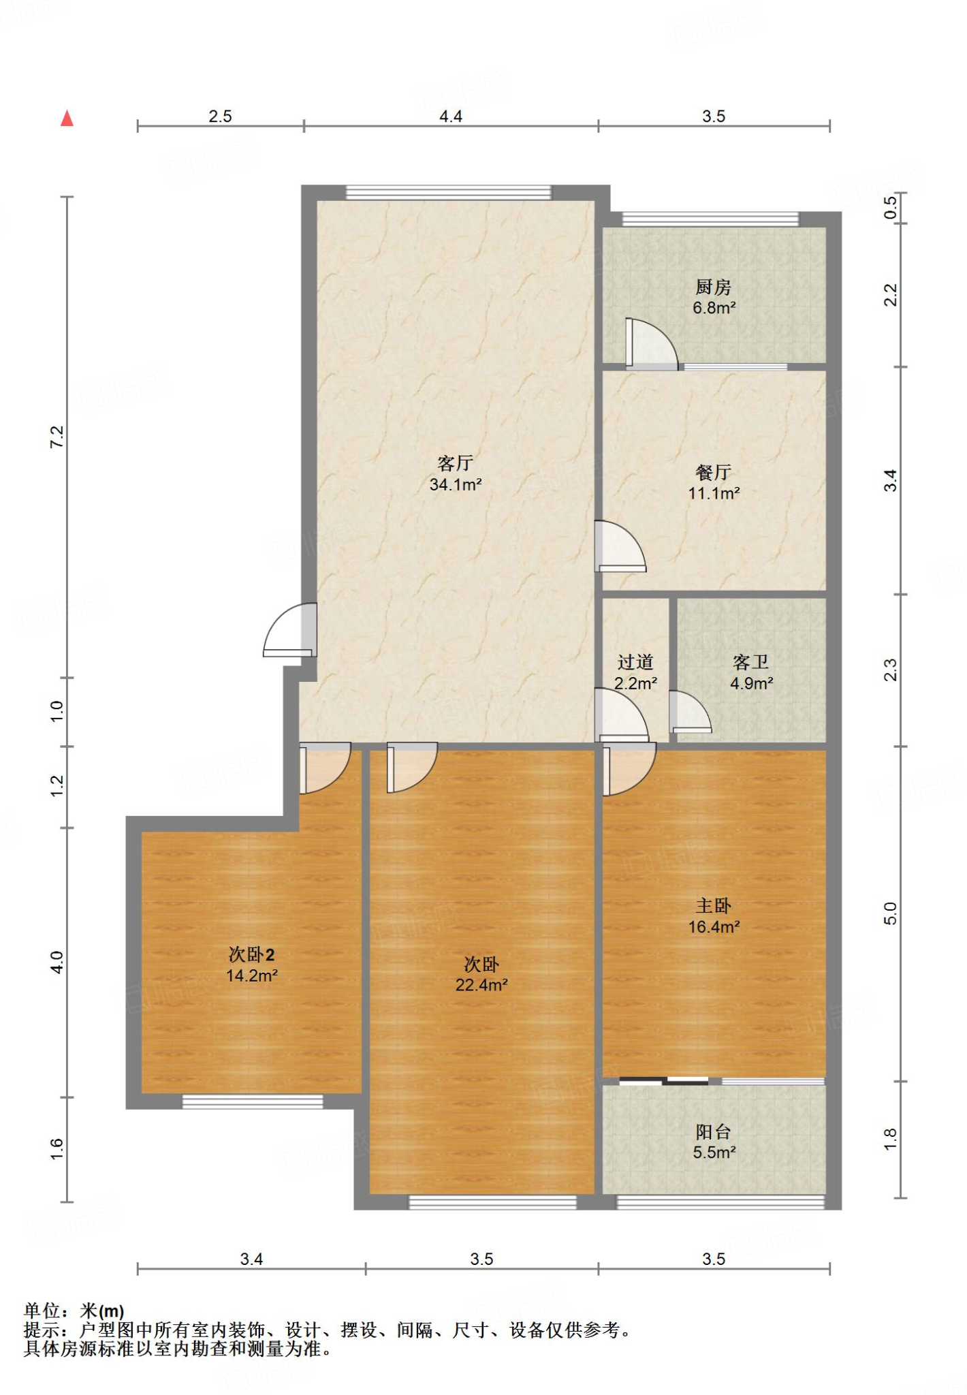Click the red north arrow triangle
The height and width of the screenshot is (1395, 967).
pyautogui.click(x=67, y=119)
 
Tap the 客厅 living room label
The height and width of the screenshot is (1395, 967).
pyautogui.click(x=456, y=463)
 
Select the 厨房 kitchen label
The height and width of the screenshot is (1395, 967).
pyautogui.click(x=714, y=287)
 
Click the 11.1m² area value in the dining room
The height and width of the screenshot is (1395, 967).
pyautogui.click(x=714, y=493)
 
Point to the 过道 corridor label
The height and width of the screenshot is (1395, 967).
pyautogui.click(x=635, y=662)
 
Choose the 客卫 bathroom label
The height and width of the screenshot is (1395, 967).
pyautogui.click(x=751, y=662)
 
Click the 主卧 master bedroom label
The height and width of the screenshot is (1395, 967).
pyautogui.click(x=714, y=906)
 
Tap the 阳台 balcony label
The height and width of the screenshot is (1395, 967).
pyautogui.click(x=714, y=1132)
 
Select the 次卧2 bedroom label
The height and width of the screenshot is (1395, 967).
pyautogui.click(x=251, y=954)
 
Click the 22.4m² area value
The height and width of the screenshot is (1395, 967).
pyautogui.click(x=481, y=985)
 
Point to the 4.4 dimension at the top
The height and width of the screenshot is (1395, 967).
pyautogui.click(x=451, y=116)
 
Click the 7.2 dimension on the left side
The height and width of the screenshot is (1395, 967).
pyautogui.click(x=57, y=437)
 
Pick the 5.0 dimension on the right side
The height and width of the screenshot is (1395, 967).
pyautogui.click(x=891, y=913)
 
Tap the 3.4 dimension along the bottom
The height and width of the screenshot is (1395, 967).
pyautogui.click(x=251, y=1259)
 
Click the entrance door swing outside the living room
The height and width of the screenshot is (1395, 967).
pyautogui.click(x=290, y=630)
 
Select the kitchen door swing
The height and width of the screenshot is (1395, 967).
pyautogui.click(x=652, y=344)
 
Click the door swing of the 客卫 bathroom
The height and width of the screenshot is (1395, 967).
pyautogui.click(x=691, y=712)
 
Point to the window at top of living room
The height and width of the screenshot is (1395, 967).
pyautogui.click(x=449, y=193)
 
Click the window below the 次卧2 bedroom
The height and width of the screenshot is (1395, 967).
pyautogui.click(x=253, y=1102)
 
